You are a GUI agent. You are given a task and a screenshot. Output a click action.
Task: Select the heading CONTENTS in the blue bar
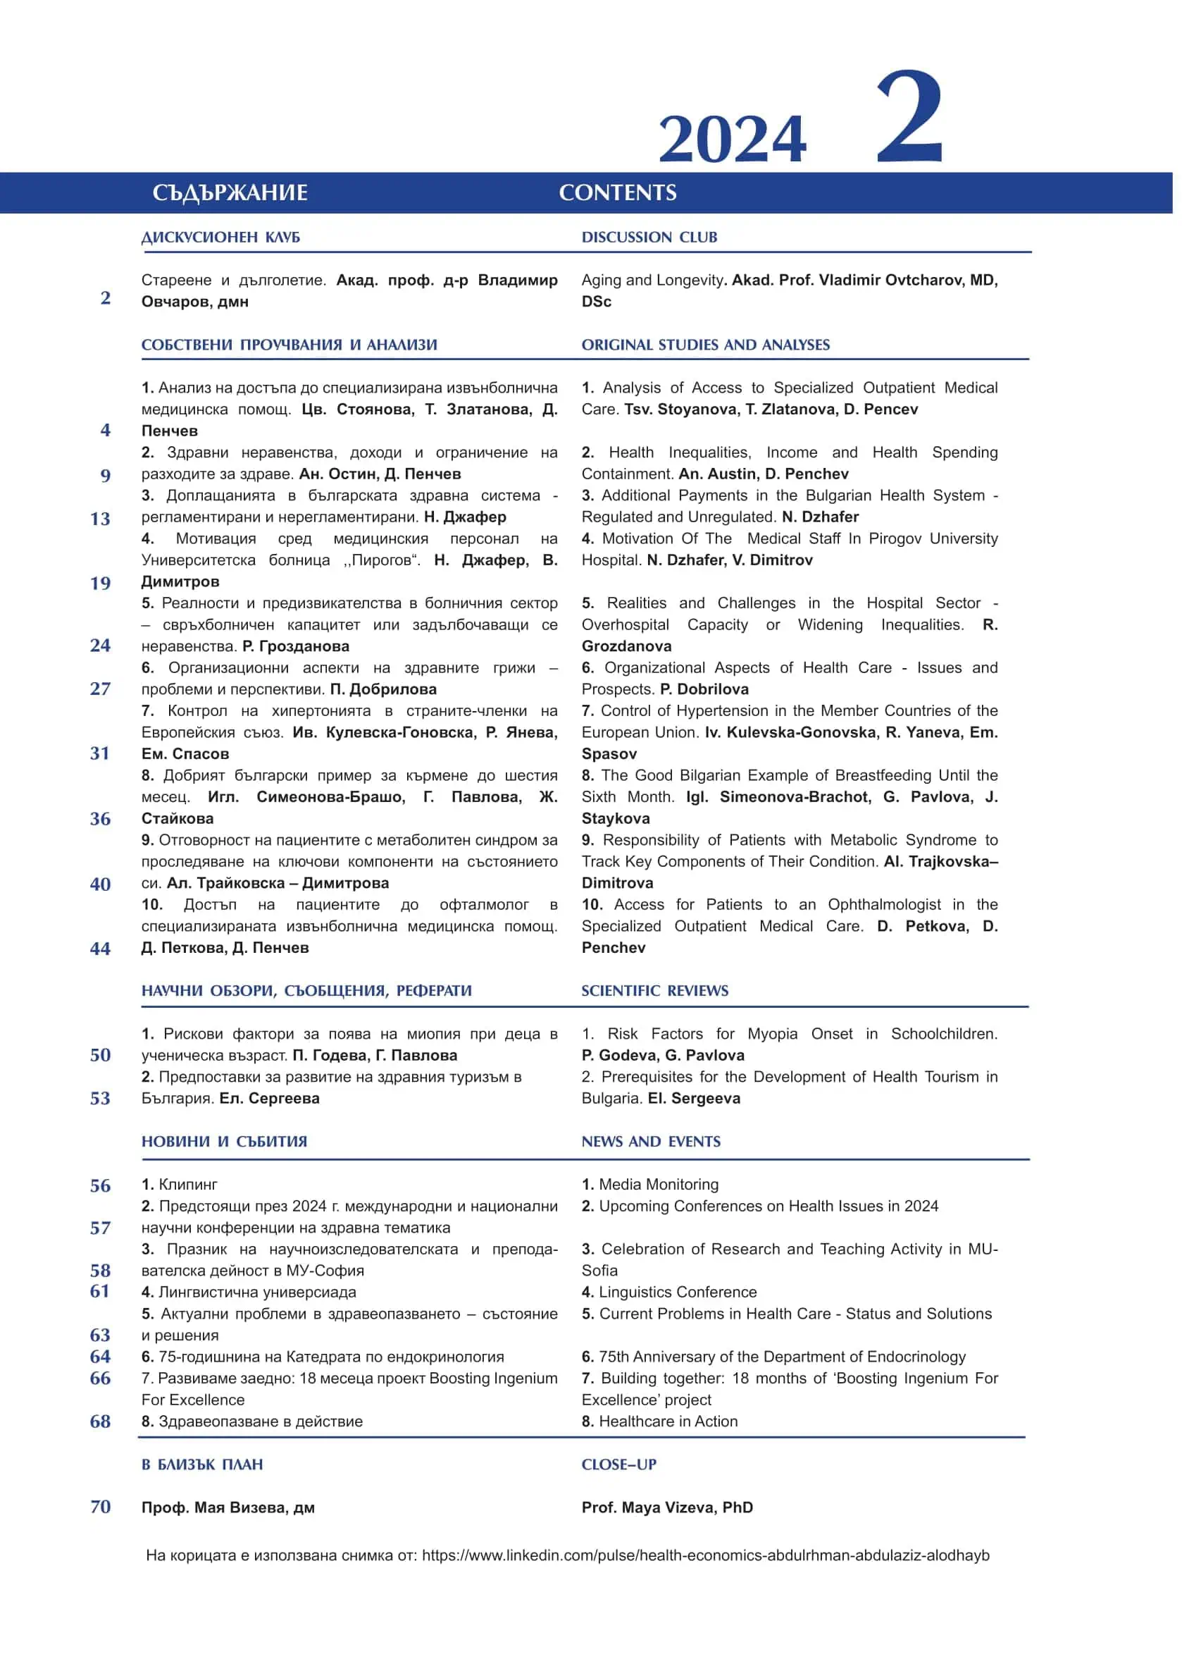pyautogui.click(x=617, y=192)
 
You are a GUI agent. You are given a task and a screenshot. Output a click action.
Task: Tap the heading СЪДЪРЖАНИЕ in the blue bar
pyautogui.click(x=230, y=192)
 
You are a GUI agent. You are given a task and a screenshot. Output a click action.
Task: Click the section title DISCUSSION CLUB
pyautogui.click(x=649, y=238)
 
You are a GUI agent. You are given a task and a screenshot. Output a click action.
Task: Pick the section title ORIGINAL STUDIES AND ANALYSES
pyautogui.click(x=705, y=345)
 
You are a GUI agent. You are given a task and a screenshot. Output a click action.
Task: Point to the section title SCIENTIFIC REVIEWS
pyautogui.click(x=654, y=991)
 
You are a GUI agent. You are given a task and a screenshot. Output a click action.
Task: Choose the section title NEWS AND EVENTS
pyautogui.click(x=651, y=1142)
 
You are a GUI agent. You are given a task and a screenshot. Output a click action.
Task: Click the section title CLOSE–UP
pyautogui.click(x=618, y=1465)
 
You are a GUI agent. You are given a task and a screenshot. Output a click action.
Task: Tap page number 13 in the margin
pyautogui.click(x=101, y=519)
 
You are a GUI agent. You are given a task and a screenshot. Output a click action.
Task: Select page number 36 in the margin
pyautogui.click(x=101, y=818)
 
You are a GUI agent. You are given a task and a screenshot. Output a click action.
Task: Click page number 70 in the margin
pyautogui.click(x=101, y=1507)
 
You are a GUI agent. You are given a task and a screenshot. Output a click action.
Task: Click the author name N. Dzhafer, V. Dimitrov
pyautogui.click(x=729, y=560)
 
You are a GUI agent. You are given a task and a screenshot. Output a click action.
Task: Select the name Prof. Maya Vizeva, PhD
pyautogui.click(x=666, y=1507)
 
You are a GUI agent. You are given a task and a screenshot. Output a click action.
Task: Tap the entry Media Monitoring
pyautogui.click(x=658, y=1185)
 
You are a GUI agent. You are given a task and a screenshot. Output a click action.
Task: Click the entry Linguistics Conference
pyautogui.click(x=677, y=1293)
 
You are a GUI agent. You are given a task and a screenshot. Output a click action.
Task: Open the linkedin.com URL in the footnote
pyautogui.click(x=705, y=1555)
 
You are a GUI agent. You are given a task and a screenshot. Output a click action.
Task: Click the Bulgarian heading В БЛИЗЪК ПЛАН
pyautogui.click(x=202, y=1465)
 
